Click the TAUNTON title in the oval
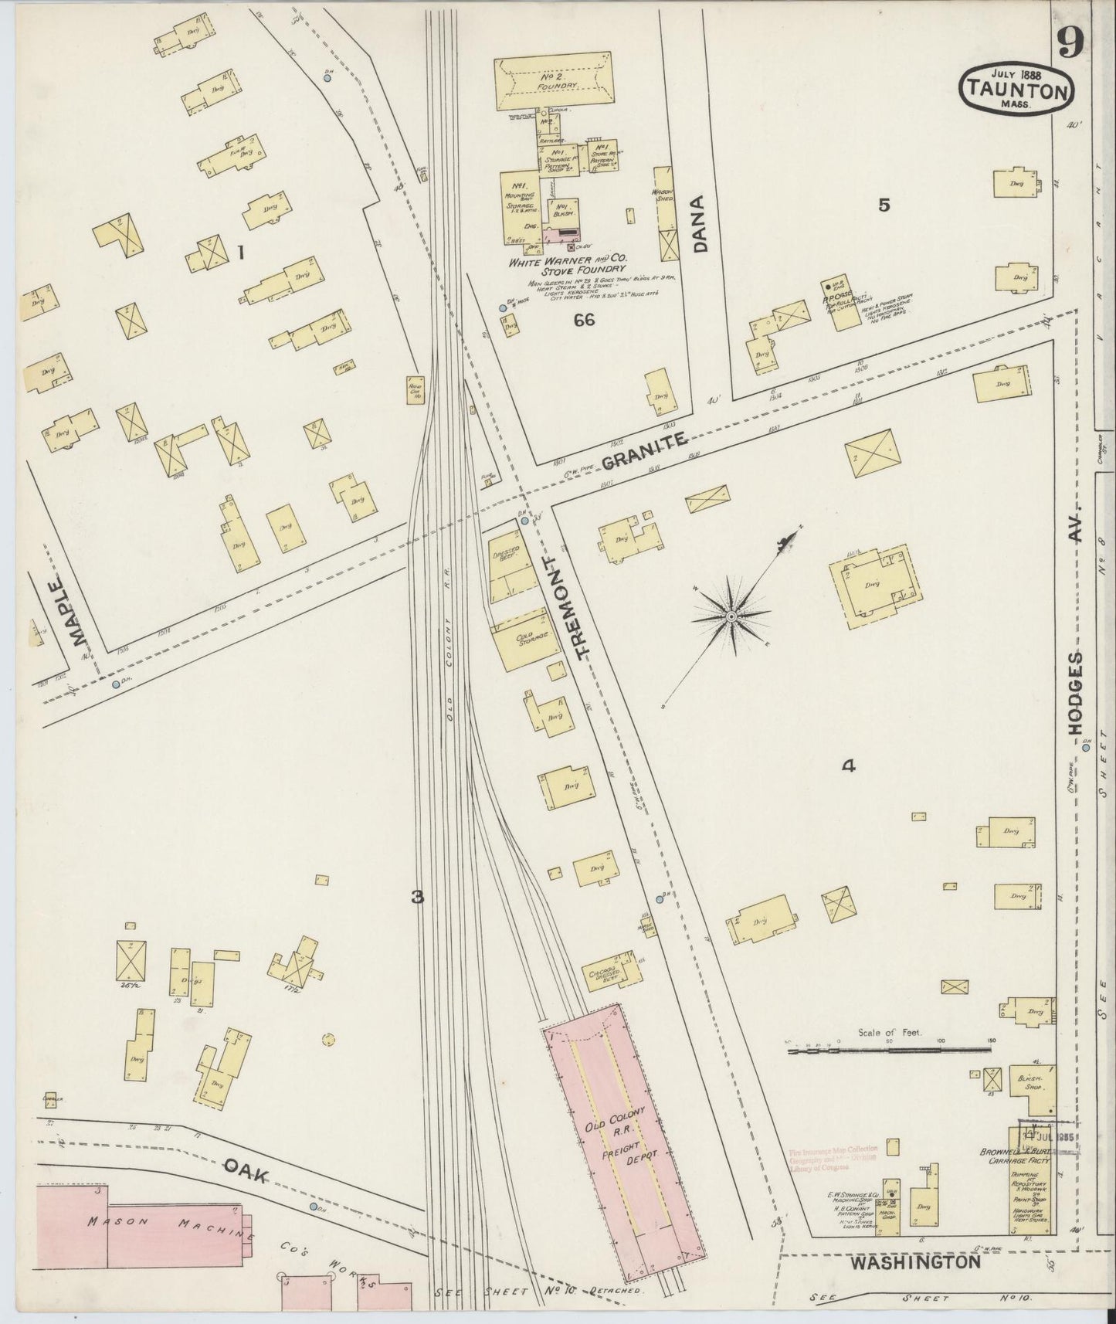[x=1016, y=91]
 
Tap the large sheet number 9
[x=1070, y=43]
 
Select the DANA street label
[x=700, y=224]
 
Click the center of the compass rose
[x=731, y=616]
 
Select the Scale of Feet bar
[x=888, y=1050]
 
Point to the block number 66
[x=584, y=320]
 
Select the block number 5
[x=884, y=205]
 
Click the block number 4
[x=848, y=766]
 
